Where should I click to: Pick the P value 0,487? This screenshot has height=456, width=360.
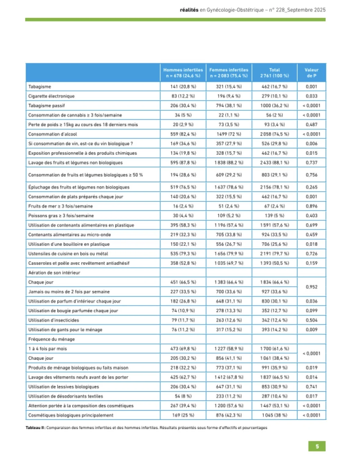click(x=311, y=124)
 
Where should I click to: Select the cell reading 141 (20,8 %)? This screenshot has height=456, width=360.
click(x=183, y=87)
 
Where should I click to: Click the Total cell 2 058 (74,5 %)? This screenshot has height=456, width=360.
click(x=274, y=134)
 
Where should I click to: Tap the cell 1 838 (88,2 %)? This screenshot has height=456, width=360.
click(x=229, y=163)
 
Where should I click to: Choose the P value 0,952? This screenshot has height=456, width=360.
click(x=311, y=287)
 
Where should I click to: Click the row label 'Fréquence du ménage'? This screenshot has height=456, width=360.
click(x=51, y=339)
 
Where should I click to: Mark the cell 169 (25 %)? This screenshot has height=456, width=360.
click(x=183, y=415)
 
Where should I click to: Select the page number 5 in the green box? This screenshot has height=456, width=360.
click(x=317, y=446)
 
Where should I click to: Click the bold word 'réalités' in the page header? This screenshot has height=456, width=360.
click(x=189, y=10)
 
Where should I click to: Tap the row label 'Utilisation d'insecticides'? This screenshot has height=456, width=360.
click(x=53, y=320)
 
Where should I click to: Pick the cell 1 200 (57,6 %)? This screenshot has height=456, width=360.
click(x=229, y=406)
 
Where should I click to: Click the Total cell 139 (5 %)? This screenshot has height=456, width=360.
click(x=274, y=216)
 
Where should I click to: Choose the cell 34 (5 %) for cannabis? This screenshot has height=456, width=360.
click(x=183, y=115)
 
